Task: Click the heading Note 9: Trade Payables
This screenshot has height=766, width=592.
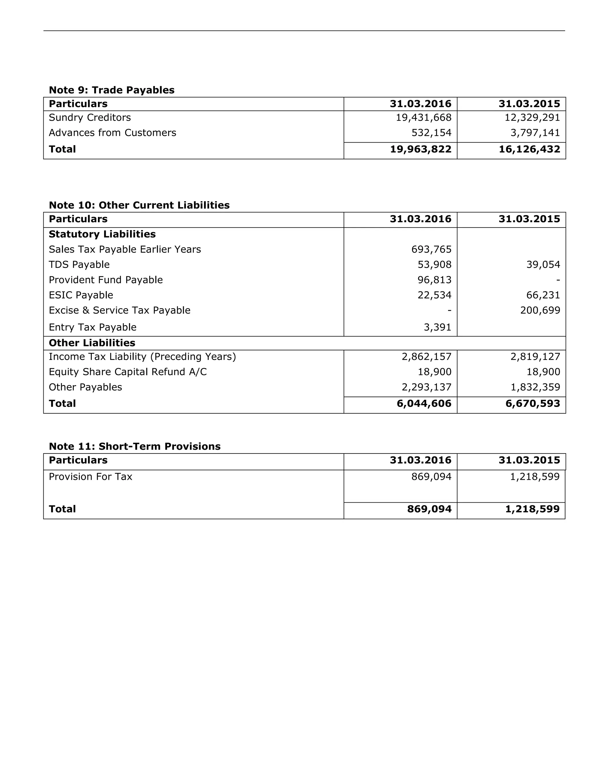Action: (x=112, y=90)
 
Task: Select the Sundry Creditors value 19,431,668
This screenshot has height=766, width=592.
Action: (x=424, y=117)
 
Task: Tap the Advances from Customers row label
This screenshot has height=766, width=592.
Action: (x=112, y=133)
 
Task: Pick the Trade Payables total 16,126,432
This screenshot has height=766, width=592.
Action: (x=529, y=149)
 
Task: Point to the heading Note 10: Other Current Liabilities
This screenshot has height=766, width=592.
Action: (x=139, y=205)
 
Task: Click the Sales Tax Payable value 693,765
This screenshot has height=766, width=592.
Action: (x=431, y=249)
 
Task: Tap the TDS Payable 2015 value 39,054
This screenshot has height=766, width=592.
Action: (x=543, y=264)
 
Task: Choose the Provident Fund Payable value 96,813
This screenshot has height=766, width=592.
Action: (x=434, y=280)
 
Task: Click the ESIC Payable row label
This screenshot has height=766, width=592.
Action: (x=81, y=295)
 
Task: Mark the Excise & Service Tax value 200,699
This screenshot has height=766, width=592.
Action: (x=540, y=310)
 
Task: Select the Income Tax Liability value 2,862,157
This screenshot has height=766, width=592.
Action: (x=426, y=357)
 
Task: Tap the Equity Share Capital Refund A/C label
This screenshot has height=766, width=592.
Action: (x=128, y=372)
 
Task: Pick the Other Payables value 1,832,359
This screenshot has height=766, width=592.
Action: (x=535, y=387)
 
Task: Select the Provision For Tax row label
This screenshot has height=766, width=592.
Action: (x=90, y=477)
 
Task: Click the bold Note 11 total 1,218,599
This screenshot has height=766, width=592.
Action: (x=532, y=509)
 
